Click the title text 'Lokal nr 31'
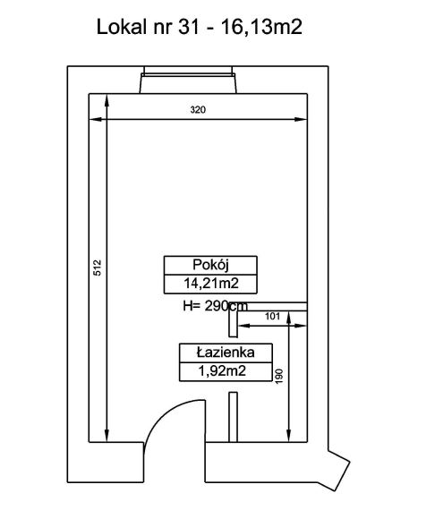(148, 27)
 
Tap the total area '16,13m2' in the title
(261, 28)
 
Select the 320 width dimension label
(198, 110)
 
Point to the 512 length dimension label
(98, 268)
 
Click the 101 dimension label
(272, 316)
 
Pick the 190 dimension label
(279, 377)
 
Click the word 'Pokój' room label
(210, 265)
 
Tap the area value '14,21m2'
(211, 284)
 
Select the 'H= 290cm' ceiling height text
(215, 306)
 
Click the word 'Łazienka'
(226, 353)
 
